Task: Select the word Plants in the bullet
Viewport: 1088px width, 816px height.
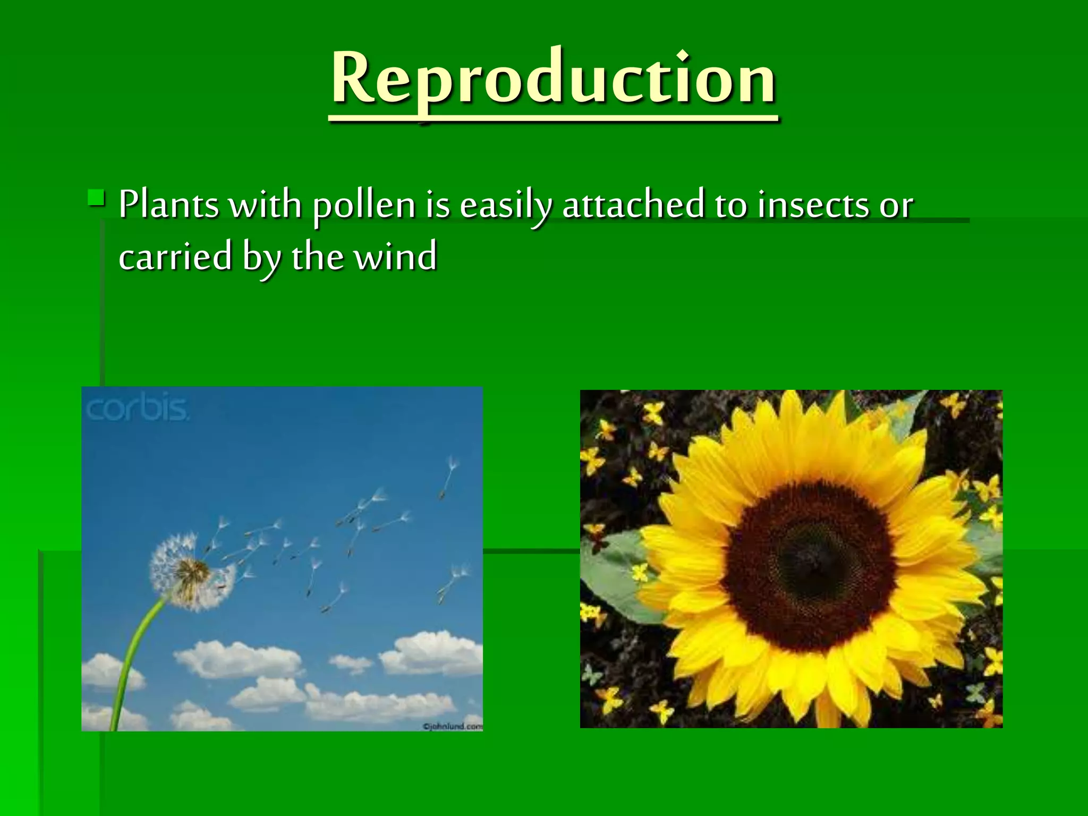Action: (168, 205)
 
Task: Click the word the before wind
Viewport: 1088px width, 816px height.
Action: (317, 257)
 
